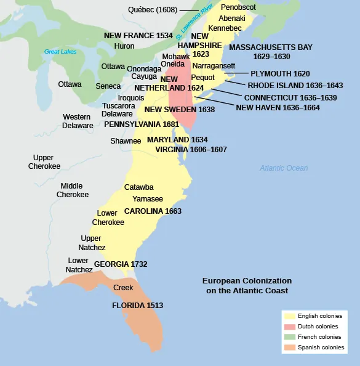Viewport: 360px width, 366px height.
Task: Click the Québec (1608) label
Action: point(154,10)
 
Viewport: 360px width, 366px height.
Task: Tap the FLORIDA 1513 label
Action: point(138,305)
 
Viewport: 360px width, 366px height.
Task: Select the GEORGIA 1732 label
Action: point(121,264)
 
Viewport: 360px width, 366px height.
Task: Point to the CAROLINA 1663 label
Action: point(153,211)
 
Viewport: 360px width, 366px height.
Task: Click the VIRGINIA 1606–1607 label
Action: point(191,150)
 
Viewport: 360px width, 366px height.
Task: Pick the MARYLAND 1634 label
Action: point(177,140)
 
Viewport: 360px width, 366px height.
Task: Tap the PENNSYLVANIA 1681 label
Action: point(142,124)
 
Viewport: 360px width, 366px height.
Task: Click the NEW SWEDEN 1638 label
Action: point(180,110)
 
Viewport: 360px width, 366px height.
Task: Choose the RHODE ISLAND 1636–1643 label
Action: point(295,86)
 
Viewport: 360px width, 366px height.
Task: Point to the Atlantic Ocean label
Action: point(284,168)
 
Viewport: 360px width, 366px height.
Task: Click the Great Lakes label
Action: point(60,52)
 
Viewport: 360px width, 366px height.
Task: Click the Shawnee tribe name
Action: point(126,141)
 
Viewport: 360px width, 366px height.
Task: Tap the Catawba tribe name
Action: point(139,187)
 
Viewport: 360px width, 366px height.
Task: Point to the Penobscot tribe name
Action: point(238,7)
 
